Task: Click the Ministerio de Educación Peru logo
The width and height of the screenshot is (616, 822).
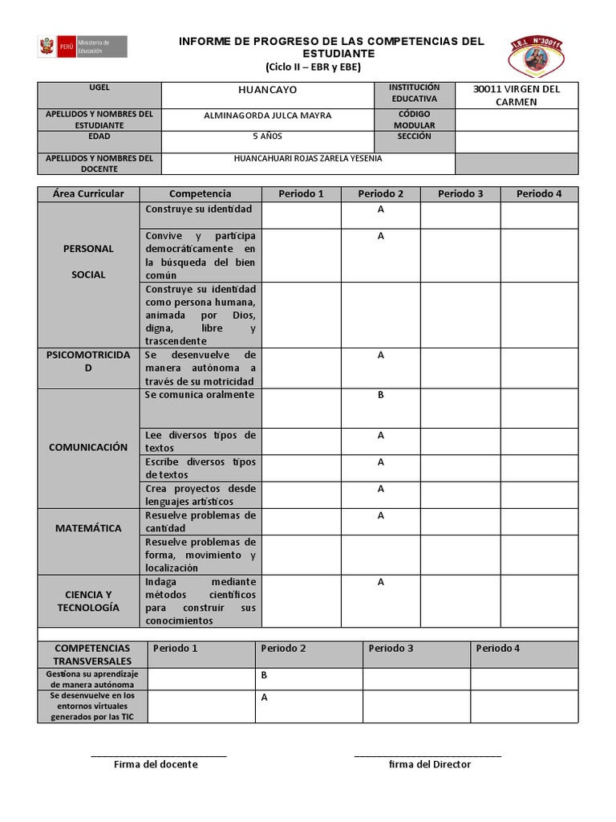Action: [82, 47]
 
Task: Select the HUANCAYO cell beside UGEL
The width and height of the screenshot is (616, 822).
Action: [267, 92]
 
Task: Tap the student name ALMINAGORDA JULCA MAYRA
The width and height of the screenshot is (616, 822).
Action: [267, 116]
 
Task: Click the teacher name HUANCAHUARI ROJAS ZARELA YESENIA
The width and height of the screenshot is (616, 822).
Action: [307, 158]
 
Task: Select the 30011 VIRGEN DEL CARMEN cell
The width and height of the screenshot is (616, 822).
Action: [516, 95]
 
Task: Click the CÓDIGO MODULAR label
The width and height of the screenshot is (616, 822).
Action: [415, 120]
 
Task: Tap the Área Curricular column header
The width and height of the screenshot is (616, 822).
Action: [88, 193]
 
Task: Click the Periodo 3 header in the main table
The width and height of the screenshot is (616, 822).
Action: [460, 193]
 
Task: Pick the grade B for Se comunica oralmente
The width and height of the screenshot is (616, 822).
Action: [381, 395]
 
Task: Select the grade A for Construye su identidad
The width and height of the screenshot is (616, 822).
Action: [381, 210]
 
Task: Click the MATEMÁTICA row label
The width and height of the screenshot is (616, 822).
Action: [88, 528]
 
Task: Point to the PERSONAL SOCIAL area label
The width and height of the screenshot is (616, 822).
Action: [88, 262]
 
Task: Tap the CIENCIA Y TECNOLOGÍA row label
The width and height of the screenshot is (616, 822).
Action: [88, 600]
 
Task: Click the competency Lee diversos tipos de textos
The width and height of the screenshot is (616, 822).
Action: [201, 441]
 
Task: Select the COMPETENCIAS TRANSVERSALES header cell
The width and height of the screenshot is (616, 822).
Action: [92, 654]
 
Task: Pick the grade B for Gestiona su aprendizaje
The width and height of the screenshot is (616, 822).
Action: [264, 675]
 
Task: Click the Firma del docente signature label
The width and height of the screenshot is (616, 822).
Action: [156, 764]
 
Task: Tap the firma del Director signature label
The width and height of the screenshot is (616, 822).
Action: [429, 764]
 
